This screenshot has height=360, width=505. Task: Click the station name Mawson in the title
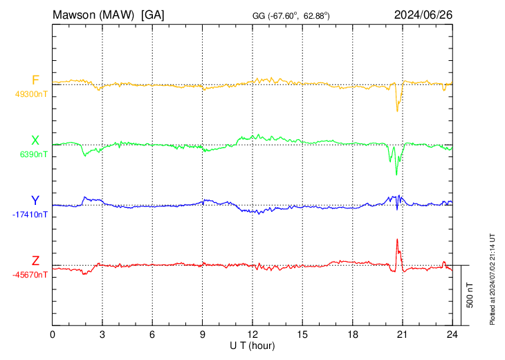coord(75,14)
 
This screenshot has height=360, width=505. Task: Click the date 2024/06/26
coord(423,14)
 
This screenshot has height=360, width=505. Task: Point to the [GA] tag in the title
coord(152,14)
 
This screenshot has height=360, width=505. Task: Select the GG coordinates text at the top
coord(291,15)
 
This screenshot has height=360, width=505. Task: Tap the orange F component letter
coord(35,81)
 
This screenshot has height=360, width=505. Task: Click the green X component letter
coord(35,141)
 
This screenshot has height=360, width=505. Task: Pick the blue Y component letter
coord(35,201)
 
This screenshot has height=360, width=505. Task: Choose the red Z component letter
coord(35,260)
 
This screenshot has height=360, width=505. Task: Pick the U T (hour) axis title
coord(252,345)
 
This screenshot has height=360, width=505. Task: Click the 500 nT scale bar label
coord(470,295)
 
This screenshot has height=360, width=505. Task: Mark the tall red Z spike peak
coord(397,240)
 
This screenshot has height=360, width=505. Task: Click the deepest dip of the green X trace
coord(396,174)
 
